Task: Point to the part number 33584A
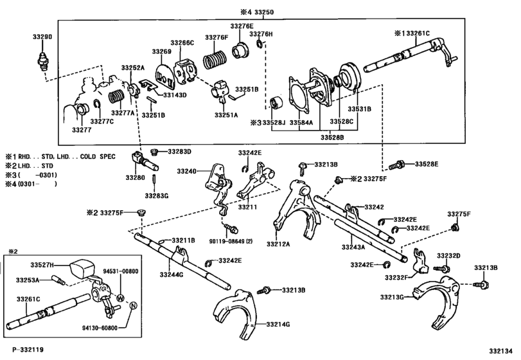click(x=301, y=122)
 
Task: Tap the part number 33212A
click(x=279, y=244)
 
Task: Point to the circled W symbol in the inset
click(x=119, y=298)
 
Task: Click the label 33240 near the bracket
click(x=188, y=172)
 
